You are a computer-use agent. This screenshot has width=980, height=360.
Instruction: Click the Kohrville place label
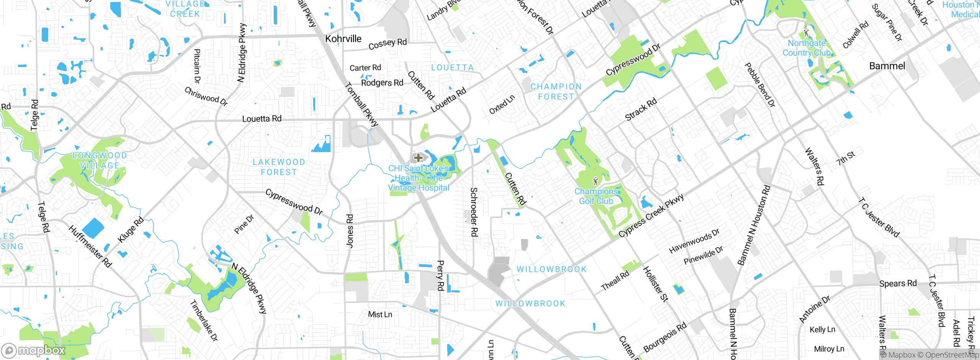[343, 39]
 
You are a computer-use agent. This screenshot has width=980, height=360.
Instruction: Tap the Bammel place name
[887, 66]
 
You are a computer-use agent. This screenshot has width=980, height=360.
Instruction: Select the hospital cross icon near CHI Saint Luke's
[418, 157]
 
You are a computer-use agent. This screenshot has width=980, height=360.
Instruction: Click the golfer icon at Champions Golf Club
[595, 181]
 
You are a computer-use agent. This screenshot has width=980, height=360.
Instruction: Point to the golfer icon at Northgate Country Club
[807, 33]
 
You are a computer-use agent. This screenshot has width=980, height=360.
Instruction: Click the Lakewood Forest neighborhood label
[279, 167]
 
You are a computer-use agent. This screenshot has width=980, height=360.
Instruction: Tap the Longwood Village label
[100, 160]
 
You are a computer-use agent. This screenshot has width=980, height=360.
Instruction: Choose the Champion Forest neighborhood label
[556, 92]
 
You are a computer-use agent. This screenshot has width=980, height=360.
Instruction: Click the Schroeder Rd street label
[474, 212]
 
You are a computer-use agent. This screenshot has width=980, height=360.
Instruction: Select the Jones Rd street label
[350, 231]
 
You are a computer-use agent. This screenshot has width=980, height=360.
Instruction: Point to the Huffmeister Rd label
[90, 247]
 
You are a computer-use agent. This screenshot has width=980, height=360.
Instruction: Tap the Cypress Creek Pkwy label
[651, 216]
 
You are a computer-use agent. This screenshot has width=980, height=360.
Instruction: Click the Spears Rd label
[898, 283]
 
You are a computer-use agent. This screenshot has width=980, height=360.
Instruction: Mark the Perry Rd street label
[440, 275]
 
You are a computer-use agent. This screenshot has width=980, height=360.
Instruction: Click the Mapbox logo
[34, 350]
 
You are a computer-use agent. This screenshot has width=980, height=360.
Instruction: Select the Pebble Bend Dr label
[759, 85]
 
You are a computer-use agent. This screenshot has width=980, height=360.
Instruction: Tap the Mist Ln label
[380, 314]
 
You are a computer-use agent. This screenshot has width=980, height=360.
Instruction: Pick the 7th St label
[846, 158]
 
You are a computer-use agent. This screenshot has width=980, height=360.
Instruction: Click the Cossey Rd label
[387, 44]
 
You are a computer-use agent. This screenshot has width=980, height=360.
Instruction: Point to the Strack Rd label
[641, 109]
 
